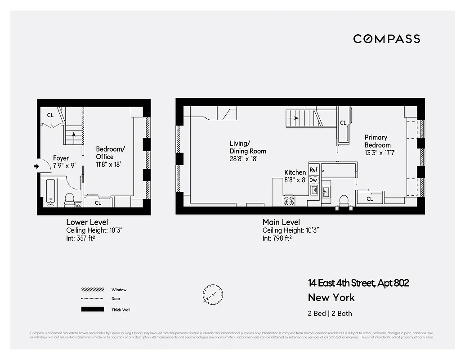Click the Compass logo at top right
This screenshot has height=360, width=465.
coord(386,39)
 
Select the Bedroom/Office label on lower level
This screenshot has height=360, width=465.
coord(110,153)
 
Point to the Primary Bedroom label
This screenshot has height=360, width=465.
coord(377,141)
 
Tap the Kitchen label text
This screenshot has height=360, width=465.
coord(295,172)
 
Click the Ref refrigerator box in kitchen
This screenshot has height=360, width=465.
coord(313,170)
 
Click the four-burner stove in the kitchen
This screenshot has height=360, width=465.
coord(289,200)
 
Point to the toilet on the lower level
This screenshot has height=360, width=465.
coord(70,199)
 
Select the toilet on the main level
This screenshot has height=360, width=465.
coord(344,201)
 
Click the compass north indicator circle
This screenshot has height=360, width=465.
coord(213,294)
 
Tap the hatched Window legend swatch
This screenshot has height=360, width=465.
coord(92,290)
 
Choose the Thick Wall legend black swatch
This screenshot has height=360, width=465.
coord(92,310)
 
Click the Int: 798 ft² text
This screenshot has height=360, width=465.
coord(277,238)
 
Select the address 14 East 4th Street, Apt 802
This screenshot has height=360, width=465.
coord(358,283)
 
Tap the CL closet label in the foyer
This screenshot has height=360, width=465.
coord(50,115)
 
